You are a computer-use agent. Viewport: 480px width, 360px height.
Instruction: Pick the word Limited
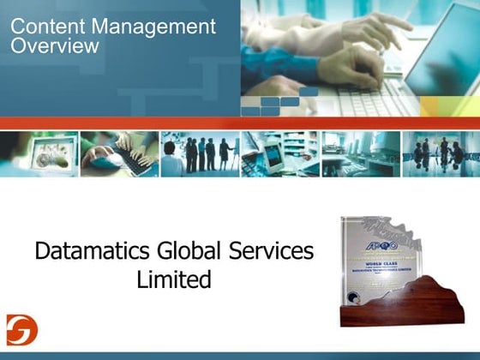click(174, 279)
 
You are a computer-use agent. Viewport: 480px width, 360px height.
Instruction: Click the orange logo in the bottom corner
click(17, 329)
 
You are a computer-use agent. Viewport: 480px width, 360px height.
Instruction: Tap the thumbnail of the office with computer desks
click(360, 153)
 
